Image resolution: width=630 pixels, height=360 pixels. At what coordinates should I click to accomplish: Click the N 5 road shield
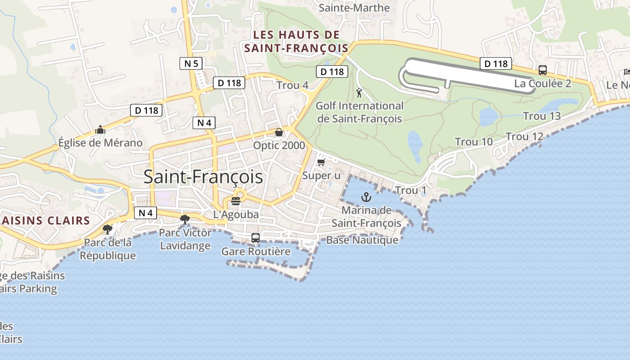tap(191, 63)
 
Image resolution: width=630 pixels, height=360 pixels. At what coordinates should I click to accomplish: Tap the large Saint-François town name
tap(203, 177)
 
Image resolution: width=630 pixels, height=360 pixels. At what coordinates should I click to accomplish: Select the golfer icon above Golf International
tap(359, 93)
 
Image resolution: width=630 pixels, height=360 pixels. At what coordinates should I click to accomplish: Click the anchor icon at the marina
tap(366, 197)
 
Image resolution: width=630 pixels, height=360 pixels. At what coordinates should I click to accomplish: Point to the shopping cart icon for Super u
tap(321, 162)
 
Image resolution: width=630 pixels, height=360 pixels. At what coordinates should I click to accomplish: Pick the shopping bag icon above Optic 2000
tap(279, 132)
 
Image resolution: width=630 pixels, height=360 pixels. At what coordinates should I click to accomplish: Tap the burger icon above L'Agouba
tap(236, 201)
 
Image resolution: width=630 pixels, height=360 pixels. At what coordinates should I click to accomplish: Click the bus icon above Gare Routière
tap(256, 238)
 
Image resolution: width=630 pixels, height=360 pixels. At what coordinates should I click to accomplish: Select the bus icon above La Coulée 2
tap(543, 70)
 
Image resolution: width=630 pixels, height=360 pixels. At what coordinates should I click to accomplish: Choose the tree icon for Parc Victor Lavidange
tap(184, 219)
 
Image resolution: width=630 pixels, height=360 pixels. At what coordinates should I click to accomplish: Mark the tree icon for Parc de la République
tap(107, 229)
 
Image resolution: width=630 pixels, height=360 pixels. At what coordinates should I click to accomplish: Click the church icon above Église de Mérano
tap(100, 130)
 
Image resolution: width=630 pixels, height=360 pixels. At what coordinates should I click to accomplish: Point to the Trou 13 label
tap(542, 116)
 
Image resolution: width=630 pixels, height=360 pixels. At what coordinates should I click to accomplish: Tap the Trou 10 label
tap(474, 142)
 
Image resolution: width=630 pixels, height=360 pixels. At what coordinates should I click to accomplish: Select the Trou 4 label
tap(292, 85)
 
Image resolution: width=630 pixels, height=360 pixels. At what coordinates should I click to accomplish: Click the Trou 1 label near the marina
tap(410, 190)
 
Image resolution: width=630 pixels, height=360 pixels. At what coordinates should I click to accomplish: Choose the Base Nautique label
tap(362, 240)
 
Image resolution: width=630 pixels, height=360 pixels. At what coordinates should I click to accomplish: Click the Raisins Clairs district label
tap(45, 220)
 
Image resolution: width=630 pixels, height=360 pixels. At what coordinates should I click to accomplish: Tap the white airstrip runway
tap(468, 75)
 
